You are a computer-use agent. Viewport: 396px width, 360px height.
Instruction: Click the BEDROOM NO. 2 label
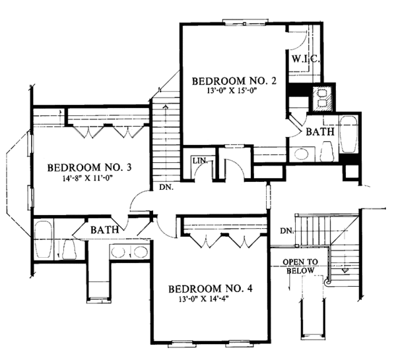coord(228,81)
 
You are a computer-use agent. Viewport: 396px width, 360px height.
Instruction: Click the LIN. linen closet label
coord(199,161)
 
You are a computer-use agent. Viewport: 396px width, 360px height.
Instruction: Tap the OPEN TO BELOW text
coord(302,266)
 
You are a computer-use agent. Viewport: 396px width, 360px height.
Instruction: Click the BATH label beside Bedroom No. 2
coord(320,132)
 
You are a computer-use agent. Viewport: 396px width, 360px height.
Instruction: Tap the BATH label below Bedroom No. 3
coord(105,230)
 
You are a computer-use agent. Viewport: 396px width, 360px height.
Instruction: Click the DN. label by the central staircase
coord(168,187)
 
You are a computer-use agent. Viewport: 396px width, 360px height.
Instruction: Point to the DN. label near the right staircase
coord(286,230)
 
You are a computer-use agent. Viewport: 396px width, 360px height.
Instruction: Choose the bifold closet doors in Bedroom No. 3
coord(107,131)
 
